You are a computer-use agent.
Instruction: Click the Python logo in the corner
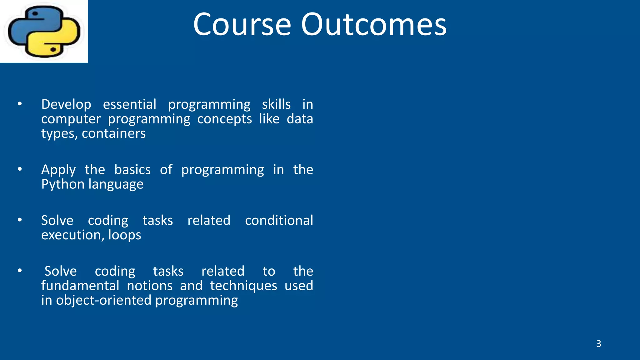44,31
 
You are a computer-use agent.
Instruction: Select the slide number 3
598,344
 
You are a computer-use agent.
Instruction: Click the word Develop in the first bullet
66,104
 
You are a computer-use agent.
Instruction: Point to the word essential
130,104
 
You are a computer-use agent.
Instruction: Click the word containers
114,134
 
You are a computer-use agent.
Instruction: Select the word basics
132,170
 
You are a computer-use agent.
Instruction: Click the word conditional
279,220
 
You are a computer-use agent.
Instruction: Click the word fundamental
80,286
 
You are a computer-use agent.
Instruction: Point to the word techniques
243,286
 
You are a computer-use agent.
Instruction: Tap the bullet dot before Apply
20,169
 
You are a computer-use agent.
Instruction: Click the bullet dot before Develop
20,104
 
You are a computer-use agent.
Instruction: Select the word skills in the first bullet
276,104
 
